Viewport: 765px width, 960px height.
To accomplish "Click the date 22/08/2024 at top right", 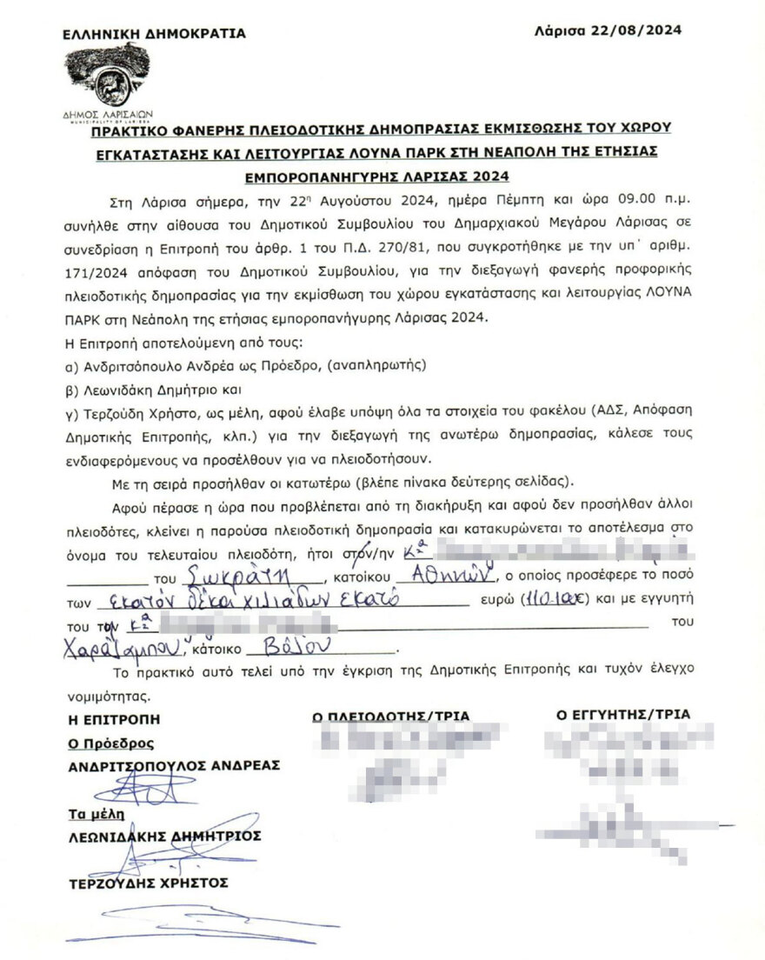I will (644, 30).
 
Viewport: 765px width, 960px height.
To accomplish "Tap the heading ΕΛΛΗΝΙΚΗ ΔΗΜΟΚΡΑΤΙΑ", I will (154, 34).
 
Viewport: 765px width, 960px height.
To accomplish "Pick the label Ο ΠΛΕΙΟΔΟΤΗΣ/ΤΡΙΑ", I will (391, 717).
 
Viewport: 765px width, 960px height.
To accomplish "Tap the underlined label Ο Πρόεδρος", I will (111, 743).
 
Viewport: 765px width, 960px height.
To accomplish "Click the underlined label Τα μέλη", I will (96, 814).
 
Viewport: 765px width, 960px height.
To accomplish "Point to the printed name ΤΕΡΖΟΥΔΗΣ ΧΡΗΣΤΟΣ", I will (148, 883).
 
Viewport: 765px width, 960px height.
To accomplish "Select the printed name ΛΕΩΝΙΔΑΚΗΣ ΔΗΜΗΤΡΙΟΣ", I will (164, 836).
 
